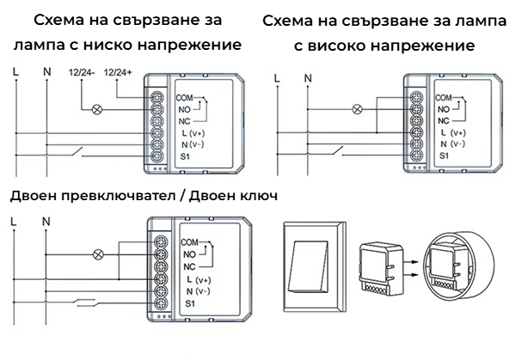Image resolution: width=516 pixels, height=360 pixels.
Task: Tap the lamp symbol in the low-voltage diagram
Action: pos(98,109)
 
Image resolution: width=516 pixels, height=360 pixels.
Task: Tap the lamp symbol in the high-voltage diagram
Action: pos(358,109)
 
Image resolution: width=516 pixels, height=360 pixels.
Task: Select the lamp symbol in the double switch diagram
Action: pos(98,254)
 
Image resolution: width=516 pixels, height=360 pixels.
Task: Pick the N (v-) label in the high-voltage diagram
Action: pos(452,146)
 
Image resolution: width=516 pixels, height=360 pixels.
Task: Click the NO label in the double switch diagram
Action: pos(188,255)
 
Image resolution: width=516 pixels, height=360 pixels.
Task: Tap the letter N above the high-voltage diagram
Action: pos(307,79)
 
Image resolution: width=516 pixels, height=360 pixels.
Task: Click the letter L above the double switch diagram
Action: pos(15,221)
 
